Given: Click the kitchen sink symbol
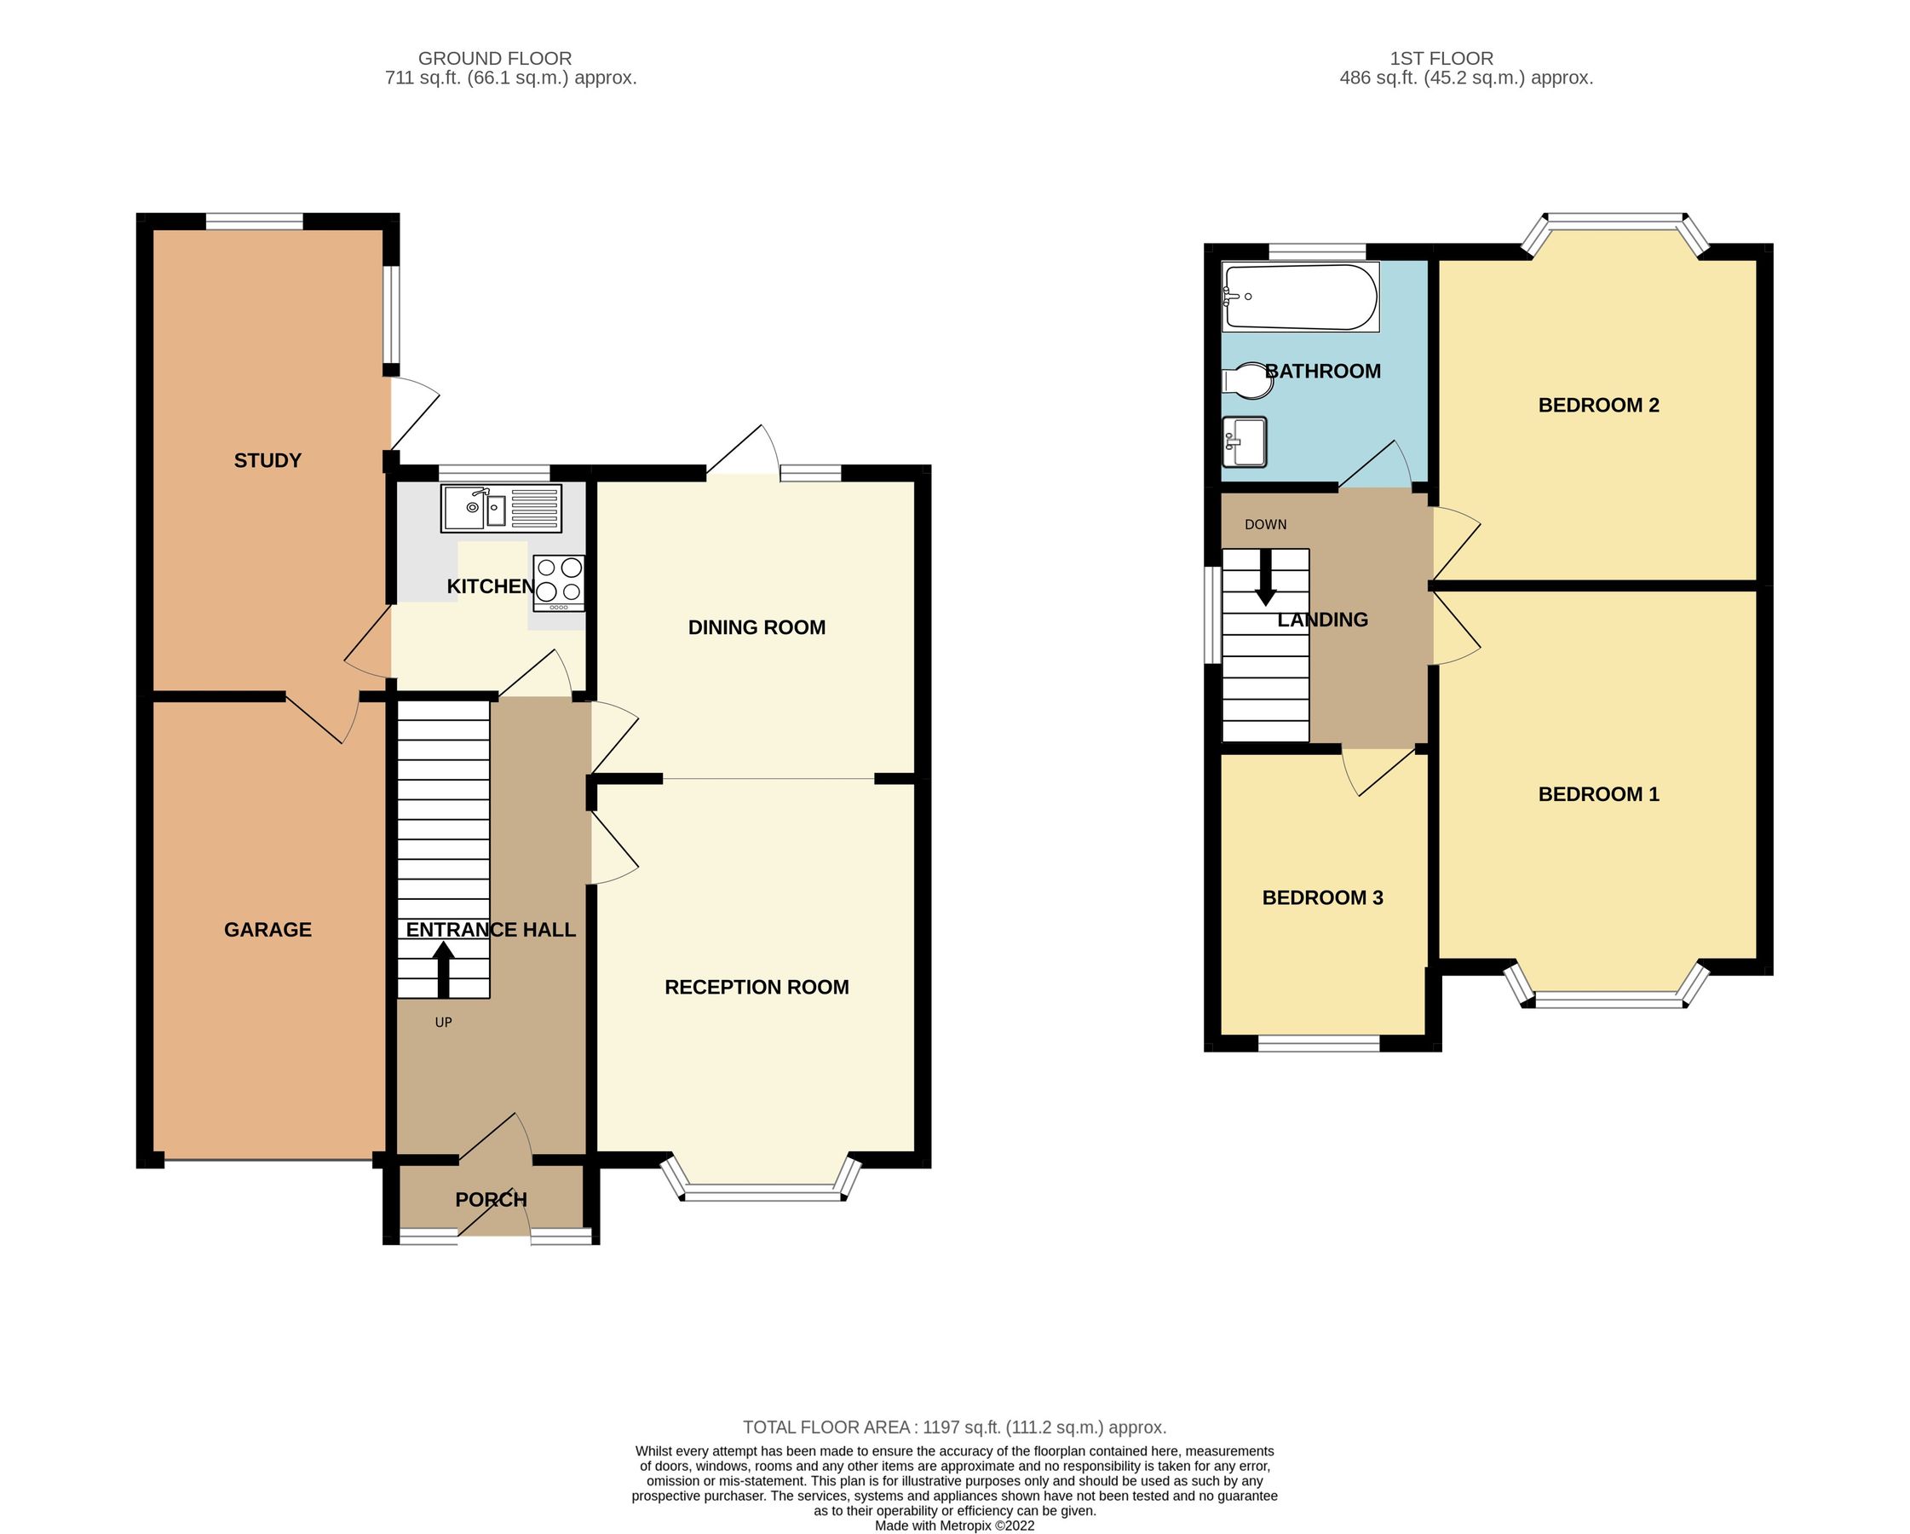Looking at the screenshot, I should tap(501, 508).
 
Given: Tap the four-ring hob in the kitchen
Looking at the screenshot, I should tap(558, 582).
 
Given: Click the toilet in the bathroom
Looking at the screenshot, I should tap(1246, 381).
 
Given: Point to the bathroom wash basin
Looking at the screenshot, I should tap(1244, 441).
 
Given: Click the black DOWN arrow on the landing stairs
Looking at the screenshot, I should tap(1265, 577).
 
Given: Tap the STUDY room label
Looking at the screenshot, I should tap(268, 460).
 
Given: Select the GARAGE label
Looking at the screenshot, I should tap(268, 930).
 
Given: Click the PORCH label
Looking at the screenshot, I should tap(491, 1199).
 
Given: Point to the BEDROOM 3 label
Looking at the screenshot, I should tap(1322, 897).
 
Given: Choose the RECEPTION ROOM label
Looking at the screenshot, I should tap(757, 987).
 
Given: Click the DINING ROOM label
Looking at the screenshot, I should tap(757, 627).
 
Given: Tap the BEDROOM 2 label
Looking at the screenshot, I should tap(1598, 405).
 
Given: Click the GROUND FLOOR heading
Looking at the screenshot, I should tap(494, 59).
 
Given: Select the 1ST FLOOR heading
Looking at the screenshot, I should tap(1441, 59).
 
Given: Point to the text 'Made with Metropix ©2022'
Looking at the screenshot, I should tap(954, 1525).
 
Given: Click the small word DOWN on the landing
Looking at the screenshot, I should tap(1265, 525).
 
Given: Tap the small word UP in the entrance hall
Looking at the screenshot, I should tap(443, 1023).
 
